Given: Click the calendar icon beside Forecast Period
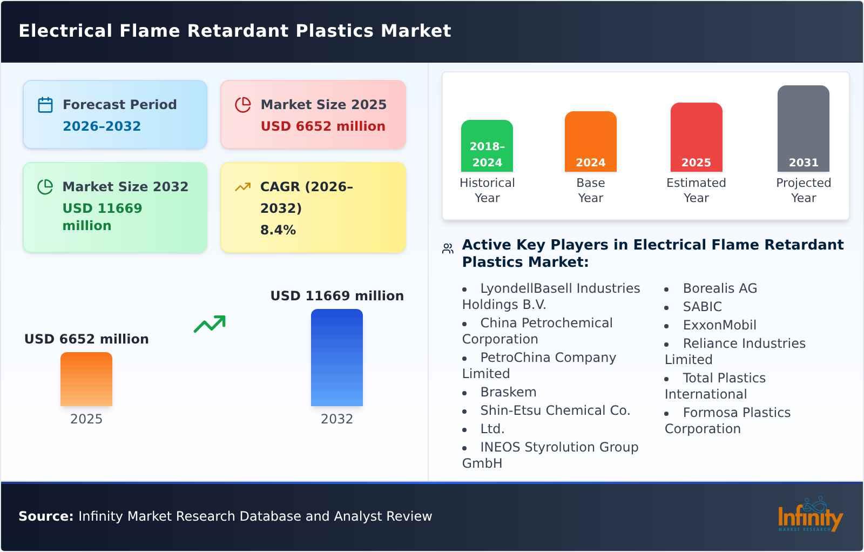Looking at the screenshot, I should (x=45, y=105).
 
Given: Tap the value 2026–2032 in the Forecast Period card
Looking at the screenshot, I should (x=102, y=126).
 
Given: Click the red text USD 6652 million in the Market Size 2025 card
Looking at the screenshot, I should (x=323, y=126).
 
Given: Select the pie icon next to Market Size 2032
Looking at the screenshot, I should (x=45, y=187).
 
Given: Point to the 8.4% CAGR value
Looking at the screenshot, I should (x=278, y=230).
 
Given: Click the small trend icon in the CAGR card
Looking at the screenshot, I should (x=242, y=187).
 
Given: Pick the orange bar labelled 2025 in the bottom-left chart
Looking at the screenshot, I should (x=86, y=379).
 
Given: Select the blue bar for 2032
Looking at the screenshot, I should (x=337, y=358).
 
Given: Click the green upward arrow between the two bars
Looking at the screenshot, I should (x=210, y=324).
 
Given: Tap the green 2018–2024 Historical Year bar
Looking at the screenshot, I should (x=487, y=146).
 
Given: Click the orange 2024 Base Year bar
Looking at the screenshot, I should (x=591, y=142).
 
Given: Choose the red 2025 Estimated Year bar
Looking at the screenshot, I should (x=696, y=137).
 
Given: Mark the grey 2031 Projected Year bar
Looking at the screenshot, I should (x=804, y=129).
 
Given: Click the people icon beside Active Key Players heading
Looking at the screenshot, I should (x=448, y=248).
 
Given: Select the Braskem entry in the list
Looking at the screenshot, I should (x=508, y=392).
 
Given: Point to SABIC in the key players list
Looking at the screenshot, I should (x=702, y=307).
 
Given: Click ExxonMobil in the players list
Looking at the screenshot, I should (x=719, y=325).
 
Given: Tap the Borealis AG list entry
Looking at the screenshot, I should (x=720, y=288).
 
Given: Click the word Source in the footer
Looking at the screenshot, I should (x=45, y=516).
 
